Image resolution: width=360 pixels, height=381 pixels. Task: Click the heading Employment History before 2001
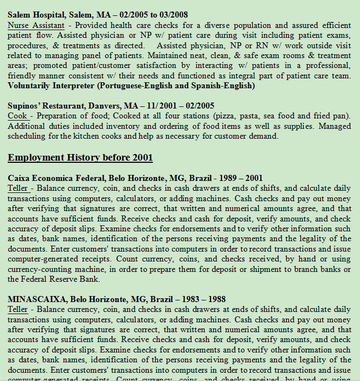click(80, 158)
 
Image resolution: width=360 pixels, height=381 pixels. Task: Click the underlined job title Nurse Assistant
click(33, 25)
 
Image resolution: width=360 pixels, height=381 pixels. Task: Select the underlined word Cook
click(17, 116)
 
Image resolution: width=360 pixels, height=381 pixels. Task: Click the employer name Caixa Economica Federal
click(55, 178)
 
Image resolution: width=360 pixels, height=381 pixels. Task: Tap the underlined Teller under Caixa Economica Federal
click(17, 189)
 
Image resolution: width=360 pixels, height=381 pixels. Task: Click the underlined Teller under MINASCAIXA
click(17, 310)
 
